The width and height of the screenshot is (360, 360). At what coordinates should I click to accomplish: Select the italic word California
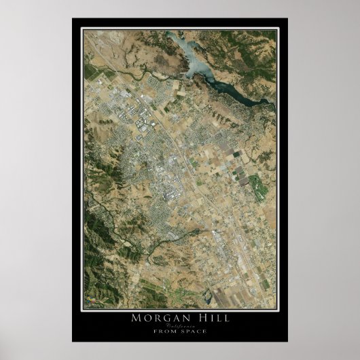[x=179, y=325]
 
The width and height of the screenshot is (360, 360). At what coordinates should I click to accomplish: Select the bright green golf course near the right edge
[x=257, y=183]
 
